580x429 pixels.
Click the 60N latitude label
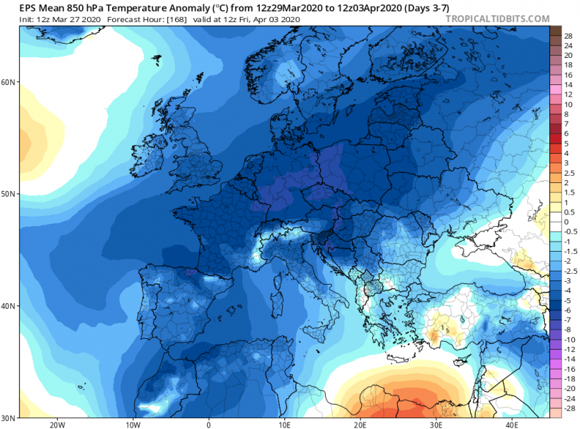point(9,82)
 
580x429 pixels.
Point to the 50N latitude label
point(9,194)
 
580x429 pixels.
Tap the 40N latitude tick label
point(9,305)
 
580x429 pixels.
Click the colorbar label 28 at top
point(568,35)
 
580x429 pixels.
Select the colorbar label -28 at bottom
point(568,408)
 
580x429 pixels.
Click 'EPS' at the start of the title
point(11,6)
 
